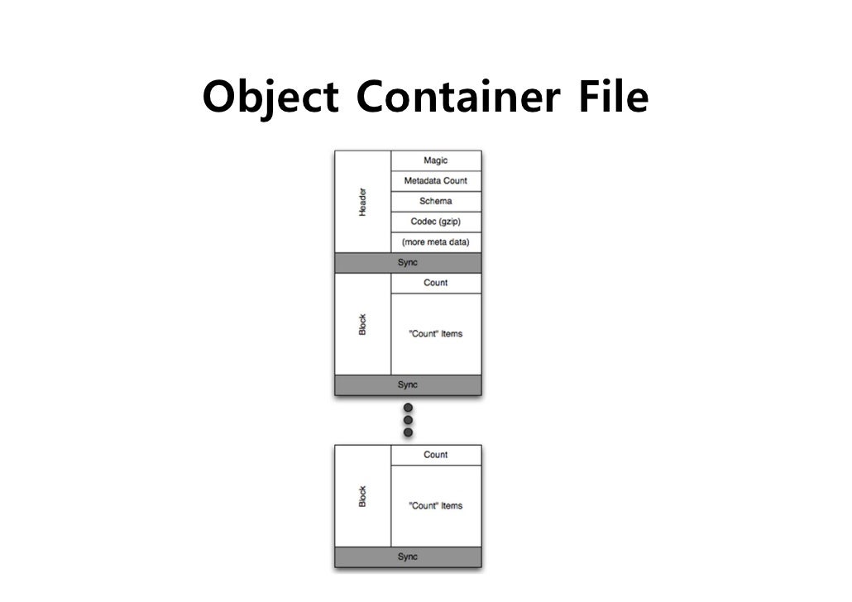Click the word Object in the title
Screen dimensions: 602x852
tap(270, 98)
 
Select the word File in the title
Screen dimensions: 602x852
tap(611, 97)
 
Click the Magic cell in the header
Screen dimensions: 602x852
tap(436, 160)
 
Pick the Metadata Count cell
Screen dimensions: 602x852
tap(436, 181)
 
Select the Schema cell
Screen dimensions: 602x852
tap(436, 201)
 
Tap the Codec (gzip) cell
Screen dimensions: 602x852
tap(436, 222)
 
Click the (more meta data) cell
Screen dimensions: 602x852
tap(436, 242)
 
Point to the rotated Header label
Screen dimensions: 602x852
tap(362, 202)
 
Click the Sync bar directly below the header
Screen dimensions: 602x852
tap(408, 263)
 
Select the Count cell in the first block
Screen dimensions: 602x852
tap(436, 283)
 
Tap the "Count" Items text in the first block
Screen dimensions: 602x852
tap(436, 334)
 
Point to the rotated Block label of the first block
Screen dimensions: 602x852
tap(362, 324)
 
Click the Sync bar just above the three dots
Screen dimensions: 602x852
tap(408, 385)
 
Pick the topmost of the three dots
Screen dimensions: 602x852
tap(408, 408)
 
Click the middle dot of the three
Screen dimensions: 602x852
tap(408, 420)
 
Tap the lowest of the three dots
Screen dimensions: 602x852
tap(408, 432)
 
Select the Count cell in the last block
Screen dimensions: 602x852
tap(436, 455)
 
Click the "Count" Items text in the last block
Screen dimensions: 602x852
tap(436, 506)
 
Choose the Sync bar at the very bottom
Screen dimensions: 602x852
tap(408, 557)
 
